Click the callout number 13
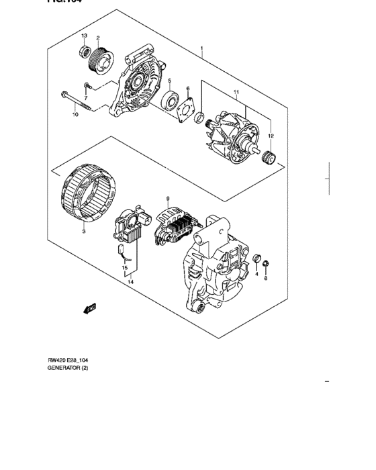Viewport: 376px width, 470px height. [85, 35]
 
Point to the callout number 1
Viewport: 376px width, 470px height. [201, 49]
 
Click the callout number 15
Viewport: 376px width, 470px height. [124, 268]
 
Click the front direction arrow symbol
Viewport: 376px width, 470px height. [88, 308]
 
